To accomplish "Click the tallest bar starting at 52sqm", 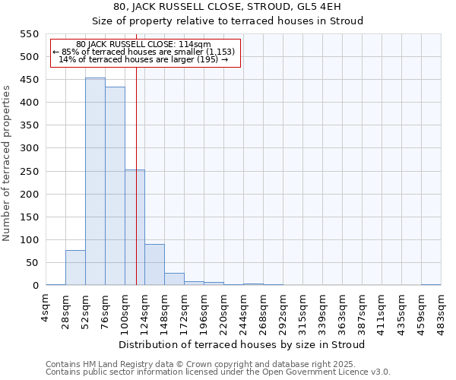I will coord(95,182).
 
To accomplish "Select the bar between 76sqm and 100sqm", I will coord(115,186).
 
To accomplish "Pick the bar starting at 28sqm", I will coord(75,268).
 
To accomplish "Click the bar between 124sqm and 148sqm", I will coord(154,264).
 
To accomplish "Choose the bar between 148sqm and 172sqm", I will coord(174,279).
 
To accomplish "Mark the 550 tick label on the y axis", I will coord(29,34).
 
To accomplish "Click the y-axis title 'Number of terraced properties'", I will coord(8,163).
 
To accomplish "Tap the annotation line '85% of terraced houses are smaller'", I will coord(144,52).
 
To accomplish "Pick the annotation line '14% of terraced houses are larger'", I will coord(144,59).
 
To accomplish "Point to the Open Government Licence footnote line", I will coord(218,372).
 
